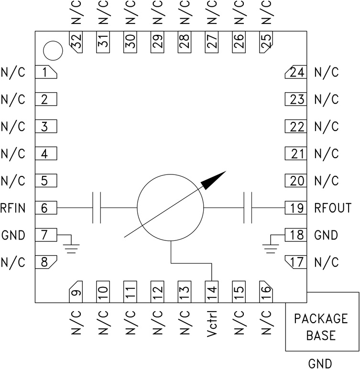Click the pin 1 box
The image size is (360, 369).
45,73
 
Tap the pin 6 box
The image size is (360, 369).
45,208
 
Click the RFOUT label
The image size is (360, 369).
333,208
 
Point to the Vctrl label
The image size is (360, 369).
212,325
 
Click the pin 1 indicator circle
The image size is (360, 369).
53,50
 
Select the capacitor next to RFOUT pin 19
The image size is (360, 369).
248,208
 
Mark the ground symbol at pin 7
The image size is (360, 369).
72,245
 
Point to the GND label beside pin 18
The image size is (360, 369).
326,236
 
